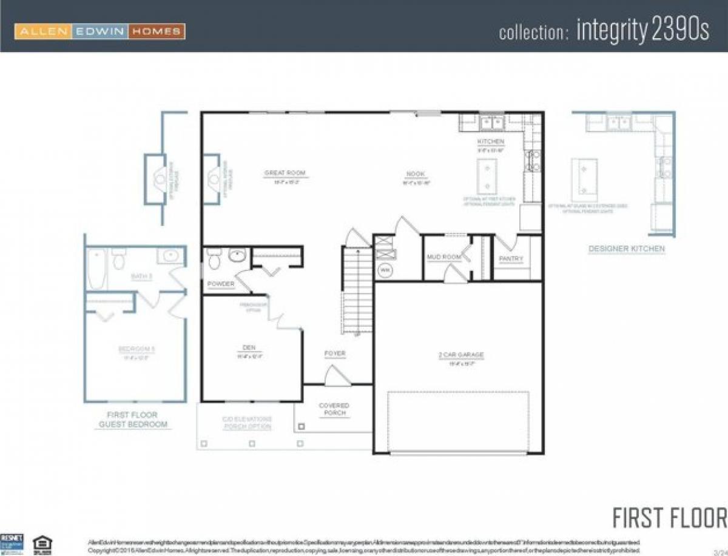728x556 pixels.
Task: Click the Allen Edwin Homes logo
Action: click(99, 31)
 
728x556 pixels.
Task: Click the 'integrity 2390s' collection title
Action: click(604, 31)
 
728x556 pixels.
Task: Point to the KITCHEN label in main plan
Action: click(490, 142)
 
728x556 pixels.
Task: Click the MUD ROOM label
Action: click(444, 257)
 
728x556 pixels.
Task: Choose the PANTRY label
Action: click(511, 259)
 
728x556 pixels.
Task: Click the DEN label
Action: click(249, 348)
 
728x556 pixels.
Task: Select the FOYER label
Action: click(335, 353)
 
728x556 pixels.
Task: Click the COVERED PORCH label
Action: click(334, 409)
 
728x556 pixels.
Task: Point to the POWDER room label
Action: click(220, 284)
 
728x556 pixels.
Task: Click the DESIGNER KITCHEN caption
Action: click(627, 249)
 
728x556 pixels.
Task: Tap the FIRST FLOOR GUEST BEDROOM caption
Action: click(133, 420)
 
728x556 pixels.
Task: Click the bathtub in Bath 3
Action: click(96, 269)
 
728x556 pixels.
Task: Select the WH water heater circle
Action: click(385, 270)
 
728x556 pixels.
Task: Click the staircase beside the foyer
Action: click(356, 291)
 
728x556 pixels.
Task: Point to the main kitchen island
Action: click(487, 175)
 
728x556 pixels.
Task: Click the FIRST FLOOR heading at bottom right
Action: click(669, 518)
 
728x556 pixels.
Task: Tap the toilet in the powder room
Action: click(214, 260)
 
